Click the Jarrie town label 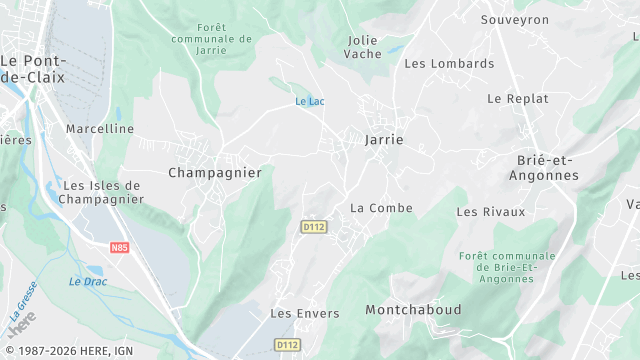[x=384, y=140]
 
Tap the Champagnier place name [x=215, y=173]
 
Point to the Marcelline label [x=100, y=129]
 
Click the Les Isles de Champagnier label [x=101, y=192]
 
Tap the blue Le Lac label [x=309, y=102]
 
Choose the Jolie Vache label [x=363, y=47]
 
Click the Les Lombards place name [x=449, y=63]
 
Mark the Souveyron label [x=515, y=20]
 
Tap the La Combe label [x=381, y=208]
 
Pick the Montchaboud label [x=413, y=310]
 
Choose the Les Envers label [x=305, y=313]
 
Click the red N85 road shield [x=120, y=247]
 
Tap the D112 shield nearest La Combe [x=314, y=227]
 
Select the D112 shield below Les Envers [x=287, y=344]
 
